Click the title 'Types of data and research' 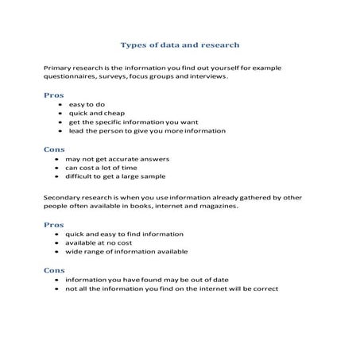pyautogui.click(x=179, y=45)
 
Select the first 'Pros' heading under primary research pyautogui.click(x=53, y=95)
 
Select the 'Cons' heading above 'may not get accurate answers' pyautogui.click(x=54, y=149)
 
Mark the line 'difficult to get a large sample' pyautogui.click(x=115, y=176)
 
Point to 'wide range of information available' pyautogui.click(x=126, y=252)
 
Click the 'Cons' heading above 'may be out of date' pyautogui.click(x=54, y=270)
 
